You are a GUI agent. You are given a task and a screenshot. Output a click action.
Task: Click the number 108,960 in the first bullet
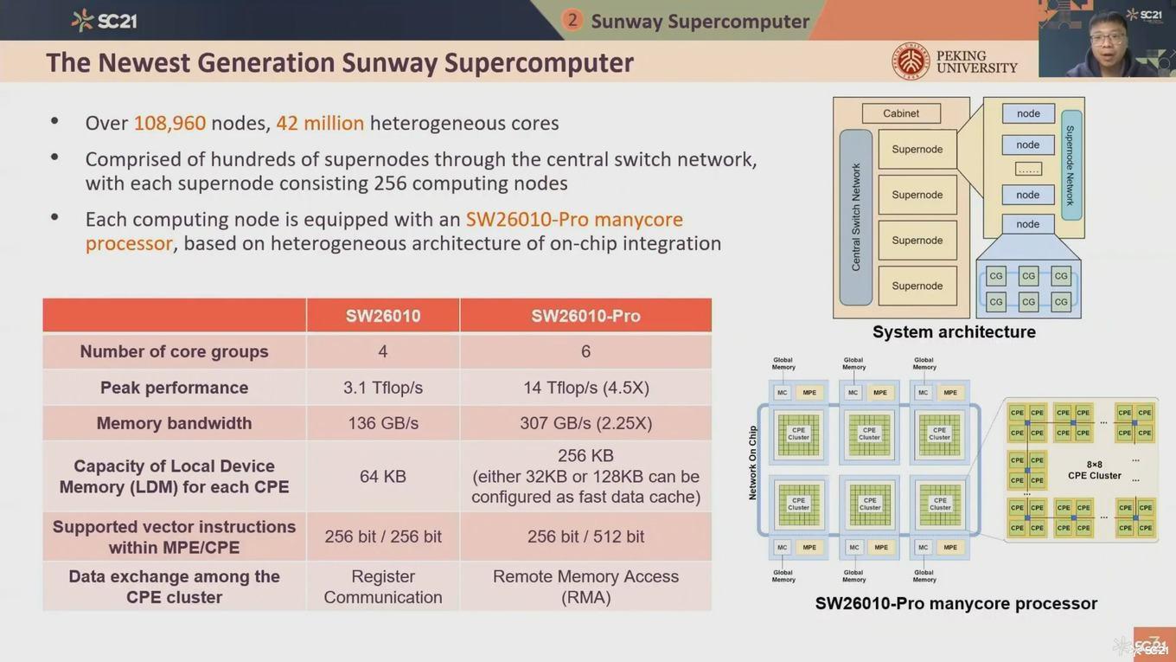(169, 123)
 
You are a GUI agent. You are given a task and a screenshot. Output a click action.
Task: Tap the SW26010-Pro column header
(585, 316)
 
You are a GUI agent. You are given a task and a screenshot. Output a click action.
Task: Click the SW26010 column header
(383, 316)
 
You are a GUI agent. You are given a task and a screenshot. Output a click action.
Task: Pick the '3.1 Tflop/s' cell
(383, 388)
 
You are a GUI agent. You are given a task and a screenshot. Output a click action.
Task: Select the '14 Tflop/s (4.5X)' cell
(585, 388)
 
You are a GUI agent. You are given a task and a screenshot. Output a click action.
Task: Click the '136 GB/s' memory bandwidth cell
(383, 423)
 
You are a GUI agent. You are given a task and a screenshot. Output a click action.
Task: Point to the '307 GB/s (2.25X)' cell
(585, 423)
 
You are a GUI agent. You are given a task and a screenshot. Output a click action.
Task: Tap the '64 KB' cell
(383, 477)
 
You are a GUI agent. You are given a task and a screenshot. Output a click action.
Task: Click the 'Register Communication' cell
(383, 587)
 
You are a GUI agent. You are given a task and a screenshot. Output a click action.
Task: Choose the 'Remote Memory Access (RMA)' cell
(585, 587)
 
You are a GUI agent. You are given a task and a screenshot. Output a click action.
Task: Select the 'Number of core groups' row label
(174, 351)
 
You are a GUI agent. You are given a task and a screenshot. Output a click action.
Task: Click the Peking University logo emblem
(911, 61)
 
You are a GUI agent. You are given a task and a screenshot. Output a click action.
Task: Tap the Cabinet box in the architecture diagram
(900, 113)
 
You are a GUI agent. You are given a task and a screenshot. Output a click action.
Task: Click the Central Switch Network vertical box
(856, 217)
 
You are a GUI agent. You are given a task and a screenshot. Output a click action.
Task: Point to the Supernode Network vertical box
(1071, 165)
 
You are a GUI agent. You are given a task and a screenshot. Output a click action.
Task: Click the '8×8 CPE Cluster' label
(1094, 470)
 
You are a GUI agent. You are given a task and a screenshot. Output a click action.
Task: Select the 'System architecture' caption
(954, 332)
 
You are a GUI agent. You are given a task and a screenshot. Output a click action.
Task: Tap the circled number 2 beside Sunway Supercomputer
(572, 20)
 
